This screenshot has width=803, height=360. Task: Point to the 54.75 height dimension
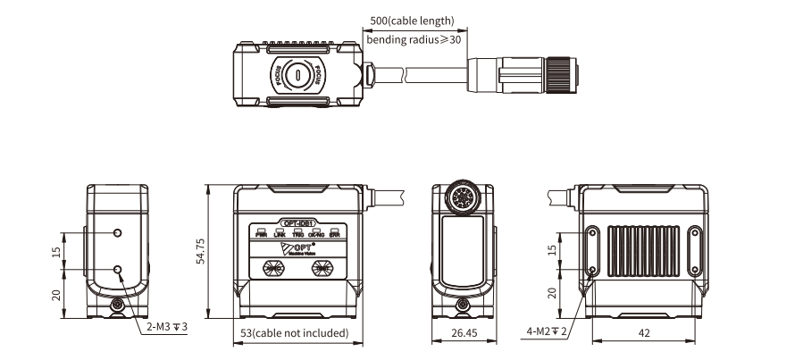(x=202, y=253)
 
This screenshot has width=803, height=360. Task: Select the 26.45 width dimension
(x=463, y=334)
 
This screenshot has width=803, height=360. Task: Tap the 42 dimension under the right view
(x=642, y=334)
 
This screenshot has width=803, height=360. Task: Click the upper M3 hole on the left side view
(x=119, y=233)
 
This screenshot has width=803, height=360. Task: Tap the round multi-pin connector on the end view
(x=463, y=197)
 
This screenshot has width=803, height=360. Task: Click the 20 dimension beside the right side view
(x=552, y=293)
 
